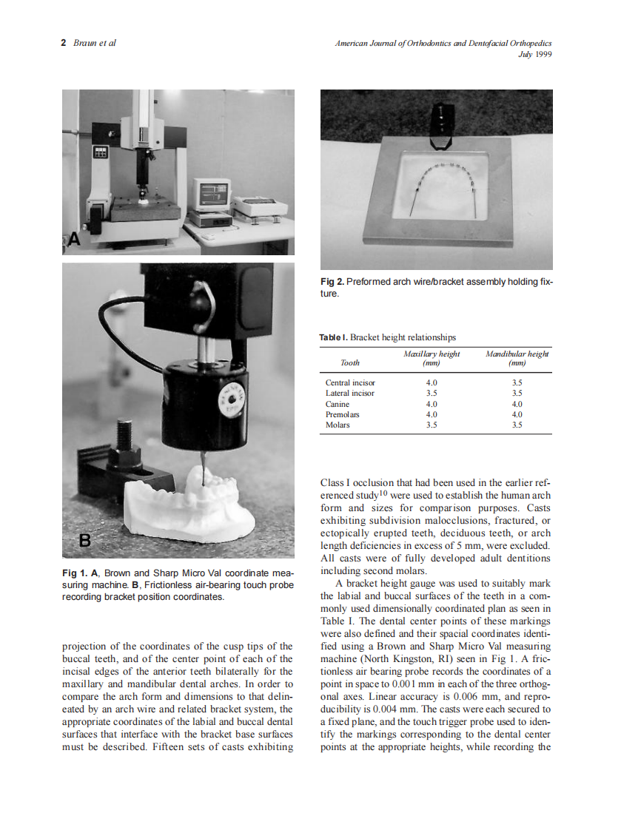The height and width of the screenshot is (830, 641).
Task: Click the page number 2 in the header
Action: coord(64,42)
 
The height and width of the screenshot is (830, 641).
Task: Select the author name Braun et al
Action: coord(95,42)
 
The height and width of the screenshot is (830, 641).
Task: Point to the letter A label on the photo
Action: coord(73,239)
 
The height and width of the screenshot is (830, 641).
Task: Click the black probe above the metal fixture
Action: coord(441,122)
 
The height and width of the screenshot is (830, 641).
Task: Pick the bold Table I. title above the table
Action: coord(333,337)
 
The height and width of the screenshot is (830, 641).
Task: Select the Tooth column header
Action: coord(350,362)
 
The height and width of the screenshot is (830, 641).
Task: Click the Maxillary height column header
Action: coord(432,358)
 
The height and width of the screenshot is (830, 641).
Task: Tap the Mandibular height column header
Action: coord(517,358)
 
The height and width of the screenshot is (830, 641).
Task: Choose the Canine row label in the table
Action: coord(338,404)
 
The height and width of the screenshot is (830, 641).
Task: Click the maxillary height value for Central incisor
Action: coord(432,382)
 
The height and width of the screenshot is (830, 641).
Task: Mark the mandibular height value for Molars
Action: coord(517,425)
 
